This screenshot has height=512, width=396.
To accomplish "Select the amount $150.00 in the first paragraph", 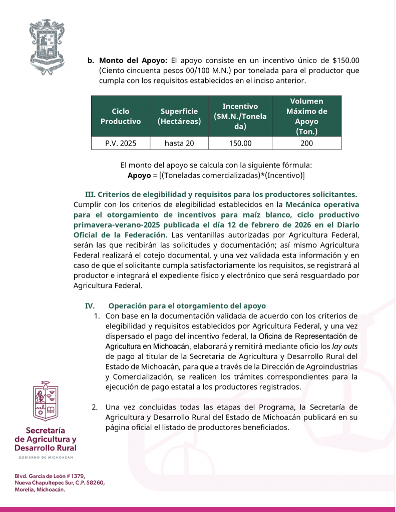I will click(x=345, y=60).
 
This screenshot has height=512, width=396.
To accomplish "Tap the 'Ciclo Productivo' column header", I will click(x=121, y=116).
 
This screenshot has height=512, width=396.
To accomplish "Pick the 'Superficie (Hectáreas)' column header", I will click(x=179, y=116).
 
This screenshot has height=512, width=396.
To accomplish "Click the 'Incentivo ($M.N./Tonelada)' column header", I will click(x=240, y=116).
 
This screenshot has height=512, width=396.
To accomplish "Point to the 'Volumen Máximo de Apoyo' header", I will click(x=306, y=116).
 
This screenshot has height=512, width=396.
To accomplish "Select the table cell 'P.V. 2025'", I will click(x=121, y=143).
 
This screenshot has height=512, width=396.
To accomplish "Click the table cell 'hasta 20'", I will click(x=179, y=143).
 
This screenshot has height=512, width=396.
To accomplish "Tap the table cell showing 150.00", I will click(x=240, y=143).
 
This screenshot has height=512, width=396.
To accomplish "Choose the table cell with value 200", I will click(x=306, y=143).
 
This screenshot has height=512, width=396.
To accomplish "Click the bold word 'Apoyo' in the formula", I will click(x=139, y=175).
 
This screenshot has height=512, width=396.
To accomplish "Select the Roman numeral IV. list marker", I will click(x=90, y=305).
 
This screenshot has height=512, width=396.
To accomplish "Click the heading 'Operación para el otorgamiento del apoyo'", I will click(x=187, y=305).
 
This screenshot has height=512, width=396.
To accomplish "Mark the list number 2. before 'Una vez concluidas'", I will click(x=95, y=407).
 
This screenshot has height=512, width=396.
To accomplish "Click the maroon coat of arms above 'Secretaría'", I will click(x=46, y=401).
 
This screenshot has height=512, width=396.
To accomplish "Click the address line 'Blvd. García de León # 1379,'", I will click(x=50, y=475).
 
